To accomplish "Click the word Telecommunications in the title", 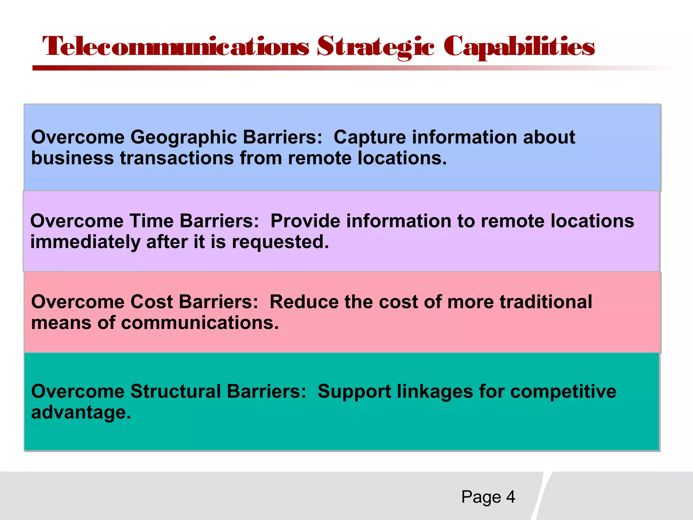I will pyautogui.click(x=176, y=47).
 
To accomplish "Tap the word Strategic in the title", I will pyautogui.click(x=376, y=47).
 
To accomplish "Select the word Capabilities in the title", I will pyautogui.click(x=519, y=47).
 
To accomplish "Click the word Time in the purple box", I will pyautogui.click(x=151, y=221).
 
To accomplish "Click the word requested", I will pyautogui.click(x=280, y=242).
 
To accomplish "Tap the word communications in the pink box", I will pyautogui.click(x=200, y=323).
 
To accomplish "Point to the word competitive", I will pyautogui.click(x=563, y=391).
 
